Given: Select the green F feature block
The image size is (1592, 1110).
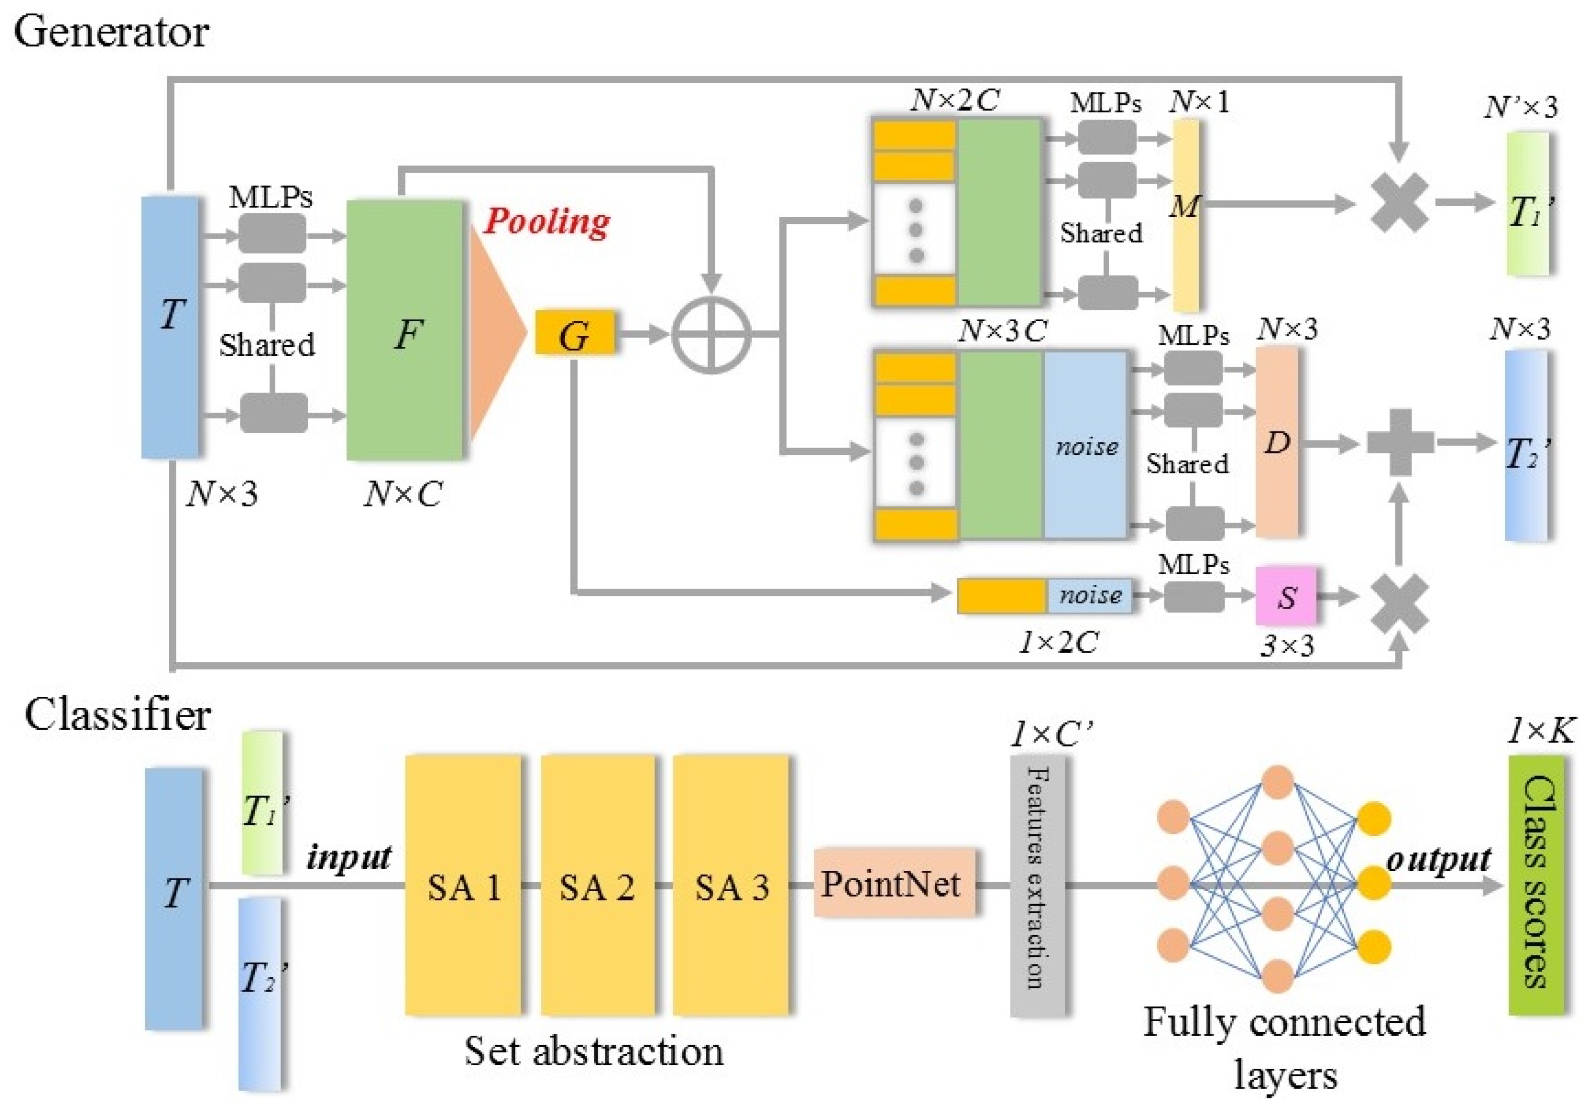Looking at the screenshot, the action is [x=405, y=330].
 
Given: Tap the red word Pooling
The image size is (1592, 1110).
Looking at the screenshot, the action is [x=547, y=222].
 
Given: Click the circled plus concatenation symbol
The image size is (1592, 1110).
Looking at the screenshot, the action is [x=712, y=335].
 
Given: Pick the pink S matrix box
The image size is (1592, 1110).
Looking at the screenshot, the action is [x=1286, y=595].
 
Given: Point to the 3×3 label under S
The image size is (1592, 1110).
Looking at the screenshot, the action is [x=1286, y=646].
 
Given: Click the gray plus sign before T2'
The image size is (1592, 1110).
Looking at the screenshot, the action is [x=1400, y=442].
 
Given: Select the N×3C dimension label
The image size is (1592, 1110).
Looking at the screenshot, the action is [x=1003, y=331].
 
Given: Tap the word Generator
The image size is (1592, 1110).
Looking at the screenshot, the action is [x=111, y=31].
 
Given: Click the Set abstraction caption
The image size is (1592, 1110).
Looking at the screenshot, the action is [x=594, y=1050].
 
